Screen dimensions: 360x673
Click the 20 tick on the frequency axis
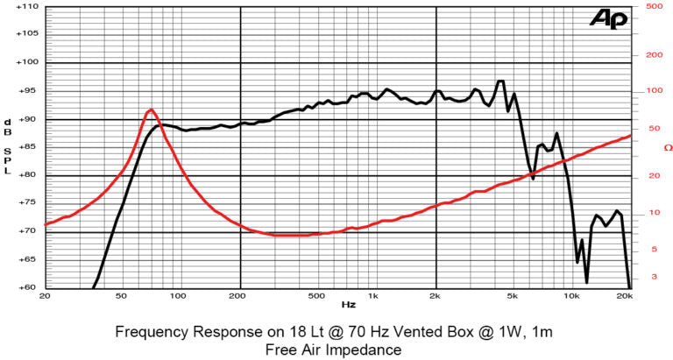(44, 296)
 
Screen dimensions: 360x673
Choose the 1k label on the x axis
(373, 296)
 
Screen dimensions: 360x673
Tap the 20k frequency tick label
(625, 296)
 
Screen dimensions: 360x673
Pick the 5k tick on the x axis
(512, 296)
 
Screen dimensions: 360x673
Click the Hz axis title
(348, 306)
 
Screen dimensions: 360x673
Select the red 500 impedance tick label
(652, 6)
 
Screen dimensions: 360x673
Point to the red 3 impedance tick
(653, 277)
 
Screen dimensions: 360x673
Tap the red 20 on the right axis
(653, 175)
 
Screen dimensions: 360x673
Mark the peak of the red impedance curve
(152, 109)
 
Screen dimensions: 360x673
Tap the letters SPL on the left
(8, 157)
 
